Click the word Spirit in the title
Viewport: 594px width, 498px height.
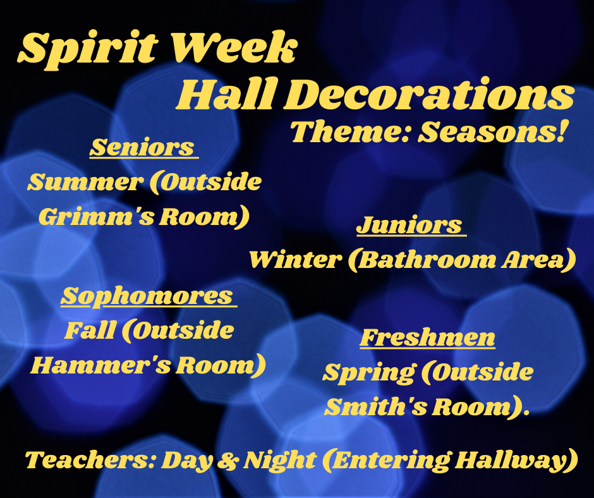88,51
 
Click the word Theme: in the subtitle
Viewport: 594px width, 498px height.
351,131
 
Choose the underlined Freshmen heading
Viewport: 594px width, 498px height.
427,337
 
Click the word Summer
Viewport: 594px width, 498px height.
85,183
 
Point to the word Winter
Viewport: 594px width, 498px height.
296,260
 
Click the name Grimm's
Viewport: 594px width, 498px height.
97,217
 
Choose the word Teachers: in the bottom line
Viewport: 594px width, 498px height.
90,459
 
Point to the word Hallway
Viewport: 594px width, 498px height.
512,460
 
